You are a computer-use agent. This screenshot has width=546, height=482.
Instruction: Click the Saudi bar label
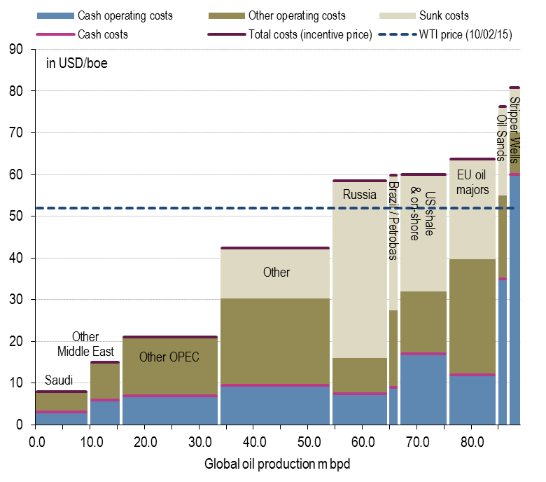tap(59, 380)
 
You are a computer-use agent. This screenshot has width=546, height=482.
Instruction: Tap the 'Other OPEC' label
tap(169, 357)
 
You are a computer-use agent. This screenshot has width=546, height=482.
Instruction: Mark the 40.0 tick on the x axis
tap(254, 442)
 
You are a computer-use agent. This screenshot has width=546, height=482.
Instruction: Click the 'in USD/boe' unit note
tap(76, 64)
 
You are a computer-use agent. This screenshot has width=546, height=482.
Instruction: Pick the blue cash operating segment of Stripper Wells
tap(514, 301)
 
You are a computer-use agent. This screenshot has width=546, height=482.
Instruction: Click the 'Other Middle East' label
tap(85, 344)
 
